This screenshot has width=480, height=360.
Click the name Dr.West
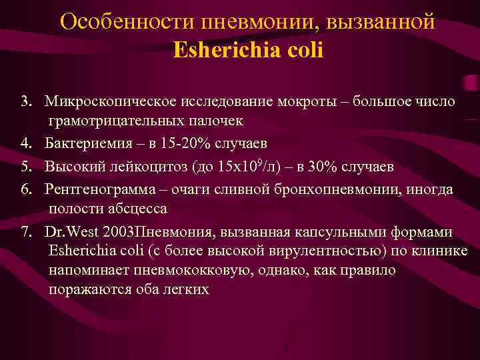tap(69, 232)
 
